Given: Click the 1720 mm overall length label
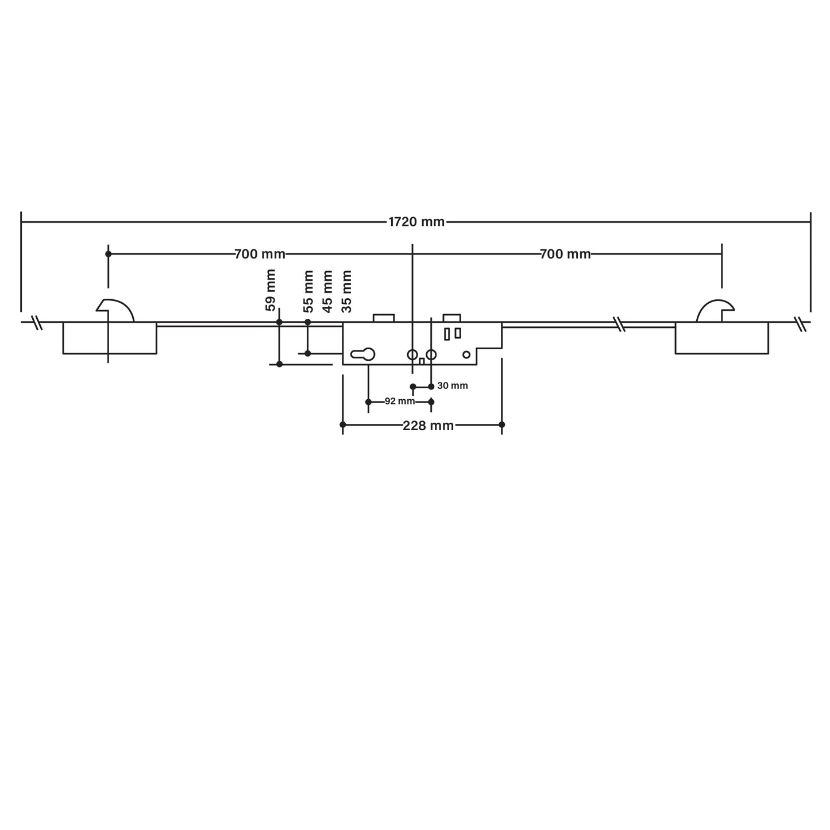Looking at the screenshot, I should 416,222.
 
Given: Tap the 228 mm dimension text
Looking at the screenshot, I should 428,426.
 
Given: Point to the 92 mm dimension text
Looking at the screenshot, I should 399,402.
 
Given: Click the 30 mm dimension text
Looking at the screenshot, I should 453,386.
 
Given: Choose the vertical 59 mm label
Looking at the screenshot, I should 271,290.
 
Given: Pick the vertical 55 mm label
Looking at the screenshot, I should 308,291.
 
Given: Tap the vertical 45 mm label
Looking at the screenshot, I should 327,291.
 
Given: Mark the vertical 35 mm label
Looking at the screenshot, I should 346,291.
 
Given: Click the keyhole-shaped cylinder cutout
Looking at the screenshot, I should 363,355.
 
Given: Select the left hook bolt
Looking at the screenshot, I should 115,311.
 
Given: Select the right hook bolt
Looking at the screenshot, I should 715,311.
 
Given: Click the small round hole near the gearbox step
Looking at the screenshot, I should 466,355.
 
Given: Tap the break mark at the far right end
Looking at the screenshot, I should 801,324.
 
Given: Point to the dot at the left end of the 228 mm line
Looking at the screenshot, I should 343,425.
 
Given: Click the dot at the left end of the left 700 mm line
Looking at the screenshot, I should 108,254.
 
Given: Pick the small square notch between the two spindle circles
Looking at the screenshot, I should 422,361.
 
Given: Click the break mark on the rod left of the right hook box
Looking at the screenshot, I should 619,325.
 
